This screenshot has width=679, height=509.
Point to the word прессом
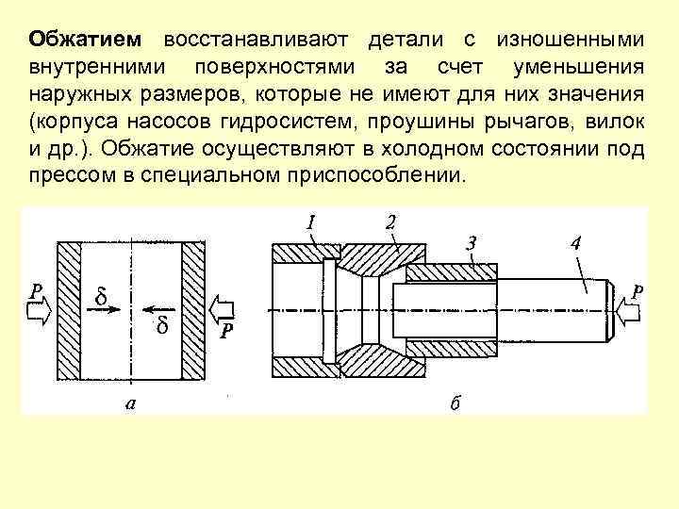point(64,178)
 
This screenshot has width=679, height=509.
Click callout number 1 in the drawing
point(308,222)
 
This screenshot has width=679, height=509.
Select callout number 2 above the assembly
point(389,222)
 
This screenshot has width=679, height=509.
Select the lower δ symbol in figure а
point(161,325)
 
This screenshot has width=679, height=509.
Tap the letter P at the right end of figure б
point(638,294)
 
